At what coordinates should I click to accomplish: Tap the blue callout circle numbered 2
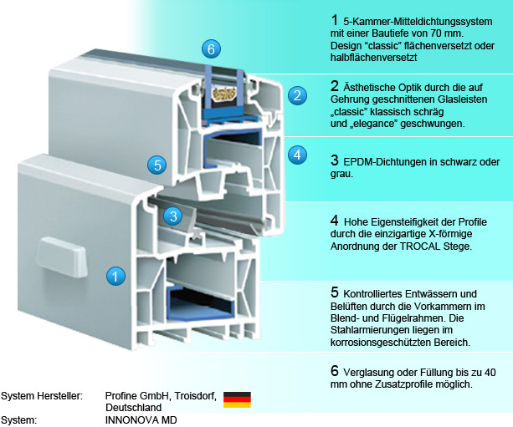pos(295,95)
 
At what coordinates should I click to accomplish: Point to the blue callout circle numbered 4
pos(297,155)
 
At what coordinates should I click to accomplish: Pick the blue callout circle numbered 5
pos(156,165)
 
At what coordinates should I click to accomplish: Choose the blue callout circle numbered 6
pos(213,48)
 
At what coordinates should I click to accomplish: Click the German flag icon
pos(237,399)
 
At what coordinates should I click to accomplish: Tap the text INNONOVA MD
pos(141,419)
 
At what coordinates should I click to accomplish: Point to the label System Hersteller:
pos(41,394)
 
